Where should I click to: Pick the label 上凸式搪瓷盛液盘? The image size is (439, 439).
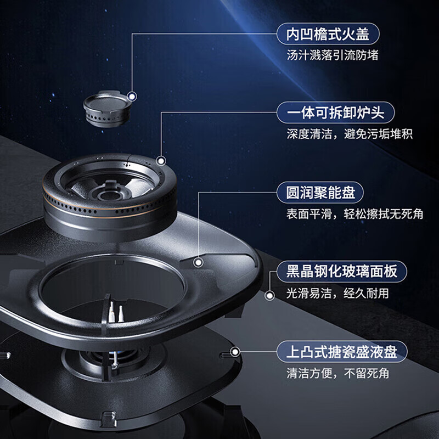[x=342, y=350]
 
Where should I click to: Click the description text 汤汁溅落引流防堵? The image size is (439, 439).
[x=333, y=55]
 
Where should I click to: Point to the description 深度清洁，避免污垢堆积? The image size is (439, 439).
[x=349, y=134]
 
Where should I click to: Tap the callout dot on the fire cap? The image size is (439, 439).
[x=132, y=97]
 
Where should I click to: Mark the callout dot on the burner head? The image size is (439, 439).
[x=161, y=161]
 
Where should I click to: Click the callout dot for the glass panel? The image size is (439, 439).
[x=269, y=296]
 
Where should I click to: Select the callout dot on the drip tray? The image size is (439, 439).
[x=236, y=353]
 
